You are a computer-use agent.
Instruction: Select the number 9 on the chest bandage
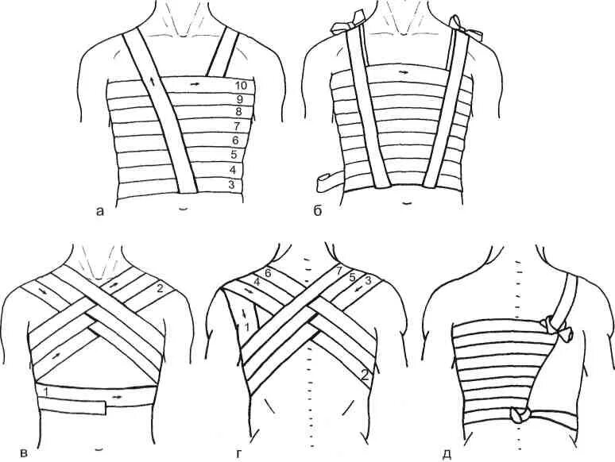(x=238, y=99)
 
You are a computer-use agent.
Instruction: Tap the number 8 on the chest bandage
(x=237, y=113)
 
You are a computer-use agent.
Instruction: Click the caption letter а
(x=98, y=211)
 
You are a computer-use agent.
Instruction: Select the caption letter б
(x=316, y=210)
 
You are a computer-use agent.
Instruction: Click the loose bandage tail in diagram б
(x=326, y=181)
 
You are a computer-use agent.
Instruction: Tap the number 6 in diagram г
(x=268, y=273)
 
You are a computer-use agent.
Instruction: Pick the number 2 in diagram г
(x=363, y=375)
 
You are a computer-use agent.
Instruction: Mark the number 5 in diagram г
(x=353, y=278)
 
